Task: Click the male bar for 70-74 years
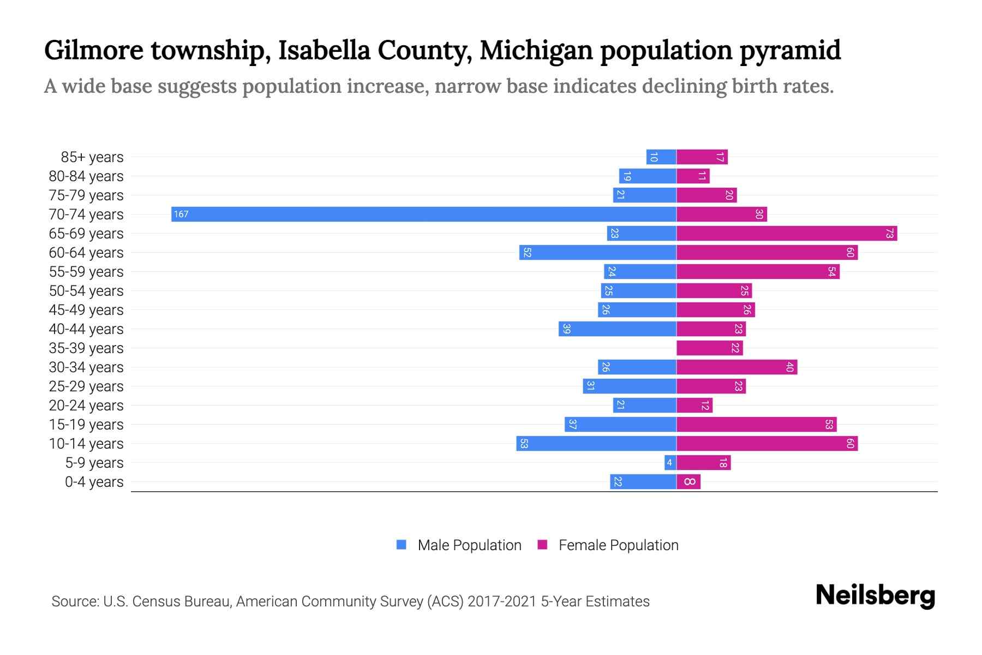[423, 214]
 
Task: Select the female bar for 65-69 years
[786, 234]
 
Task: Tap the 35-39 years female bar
[709, 348]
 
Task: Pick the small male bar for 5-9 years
[670, 463]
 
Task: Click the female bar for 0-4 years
[688, 482]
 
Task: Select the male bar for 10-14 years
[596, 444]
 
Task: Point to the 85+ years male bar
[661, 157]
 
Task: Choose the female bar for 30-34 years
[736, 367]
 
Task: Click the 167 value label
[181, 215]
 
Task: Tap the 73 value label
[889, 234]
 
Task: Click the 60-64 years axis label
[86, 253]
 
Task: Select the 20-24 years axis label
[86, 406]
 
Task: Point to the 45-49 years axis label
[86, 310]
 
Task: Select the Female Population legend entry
[608, 545]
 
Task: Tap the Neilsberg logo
[875, 595]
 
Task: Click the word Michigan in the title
[536, 50]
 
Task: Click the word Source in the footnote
[74, 602]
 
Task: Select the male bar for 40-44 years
[617, 329]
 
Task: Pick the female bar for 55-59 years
[757, 272]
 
